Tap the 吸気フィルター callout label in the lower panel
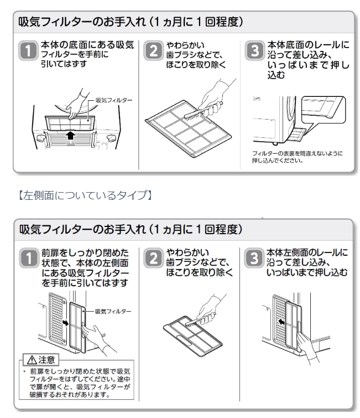113,312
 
